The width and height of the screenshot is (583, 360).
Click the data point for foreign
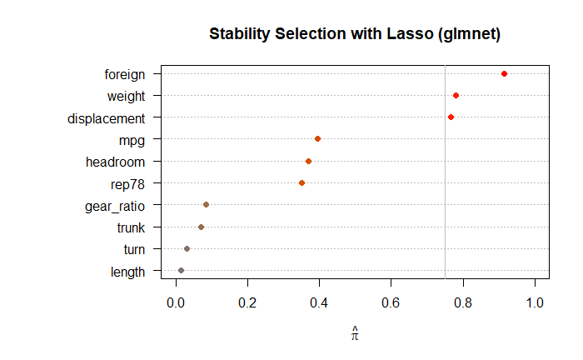[504, 74]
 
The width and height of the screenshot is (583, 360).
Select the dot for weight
[456, 96]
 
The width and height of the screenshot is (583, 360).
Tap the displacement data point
[451, 117]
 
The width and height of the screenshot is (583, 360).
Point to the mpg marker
[317, 139]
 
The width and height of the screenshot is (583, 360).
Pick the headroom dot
[308, 161]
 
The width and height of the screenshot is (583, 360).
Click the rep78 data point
[301, 182]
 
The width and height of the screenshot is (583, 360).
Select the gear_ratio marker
[206, 204]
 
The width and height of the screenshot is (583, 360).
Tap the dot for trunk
[201, 227]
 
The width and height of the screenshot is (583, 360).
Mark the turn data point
[187, 248]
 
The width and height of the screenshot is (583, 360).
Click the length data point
[181, 270]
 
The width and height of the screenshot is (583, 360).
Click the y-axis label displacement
[107, 118]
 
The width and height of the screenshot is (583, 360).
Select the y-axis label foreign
[125, 75]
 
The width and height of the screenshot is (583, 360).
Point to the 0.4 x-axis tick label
[319, 300]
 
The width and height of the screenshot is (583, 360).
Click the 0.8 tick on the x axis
[462, 300]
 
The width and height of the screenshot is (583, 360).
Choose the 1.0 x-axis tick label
[534, 300]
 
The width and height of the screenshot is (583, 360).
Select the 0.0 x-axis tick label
[176, 300]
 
